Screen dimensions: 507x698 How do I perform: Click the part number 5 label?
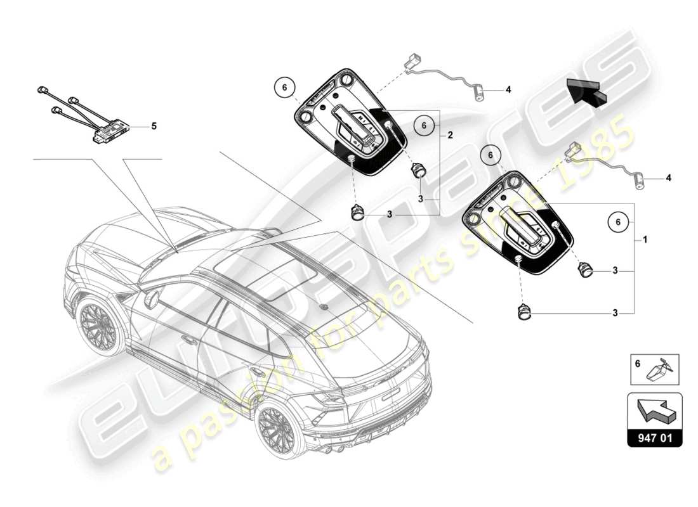click(x=153, y=126)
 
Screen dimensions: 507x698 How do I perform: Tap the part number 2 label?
click(x=449, y=136)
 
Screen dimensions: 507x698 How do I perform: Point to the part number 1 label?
click(x=645, y=241)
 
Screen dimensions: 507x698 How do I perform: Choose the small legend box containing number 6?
click(x=654, y=369)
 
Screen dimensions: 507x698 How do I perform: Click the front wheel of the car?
click(x=98, y=328)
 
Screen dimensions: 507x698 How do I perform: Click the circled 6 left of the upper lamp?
click(x=285, y=87)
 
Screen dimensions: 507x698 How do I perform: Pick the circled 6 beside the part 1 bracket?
click(x=618, y=221)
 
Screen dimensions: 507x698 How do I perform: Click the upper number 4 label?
click(x=508, y=90)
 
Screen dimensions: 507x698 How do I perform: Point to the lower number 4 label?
click(x=668, y=178)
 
